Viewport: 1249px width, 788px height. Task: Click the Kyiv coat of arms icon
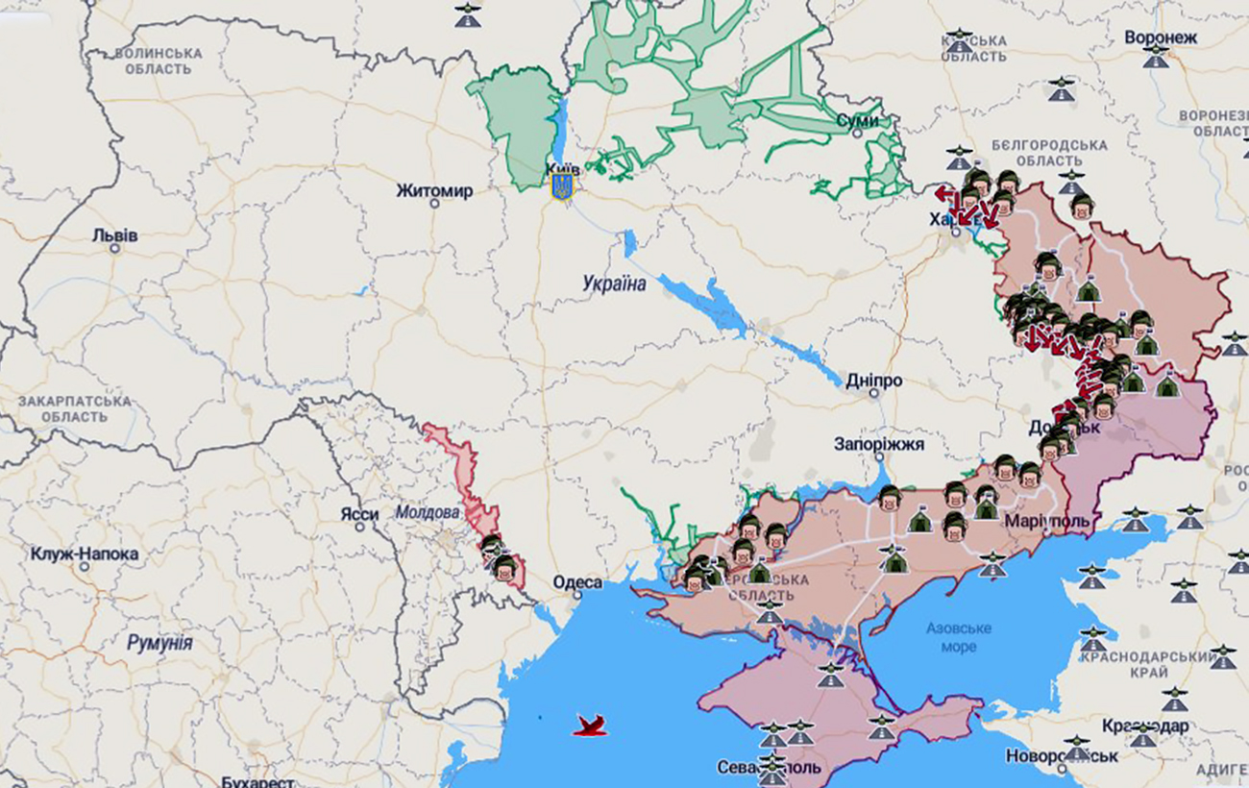[x=562, y=185]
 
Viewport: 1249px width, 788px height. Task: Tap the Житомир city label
[x=434, y=191]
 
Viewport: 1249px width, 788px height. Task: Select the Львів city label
[x=115, y=235]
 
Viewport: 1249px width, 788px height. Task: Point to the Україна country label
[x=614, y=283]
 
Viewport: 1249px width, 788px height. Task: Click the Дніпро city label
[x=873, y=382]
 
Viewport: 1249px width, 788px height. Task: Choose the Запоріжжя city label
[x=878, y=444]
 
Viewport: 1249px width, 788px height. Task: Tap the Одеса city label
[x=577, y=582]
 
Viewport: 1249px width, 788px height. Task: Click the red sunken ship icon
[x=590, y=726]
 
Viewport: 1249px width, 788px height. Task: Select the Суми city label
[x=858, y=121]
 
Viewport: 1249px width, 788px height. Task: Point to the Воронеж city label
[x=1161, y=37]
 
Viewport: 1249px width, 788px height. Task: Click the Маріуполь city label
[x=1047, y=521]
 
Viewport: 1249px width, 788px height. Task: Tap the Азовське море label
[x=959, y=637]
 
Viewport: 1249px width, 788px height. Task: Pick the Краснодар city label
[x=1144, y=726]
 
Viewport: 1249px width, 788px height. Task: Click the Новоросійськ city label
[x=1062, y=756]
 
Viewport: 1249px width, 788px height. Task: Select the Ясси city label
[x=359, y=514]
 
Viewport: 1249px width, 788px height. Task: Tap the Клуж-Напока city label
[x=85, y=554]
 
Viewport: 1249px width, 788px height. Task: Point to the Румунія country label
[x=159, y=643]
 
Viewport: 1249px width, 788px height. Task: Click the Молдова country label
[x=428, y=513]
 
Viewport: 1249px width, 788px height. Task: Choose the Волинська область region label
[x=159, y=62]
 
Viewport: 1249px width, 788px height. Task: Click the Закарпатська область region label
[x=75, y=408]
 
